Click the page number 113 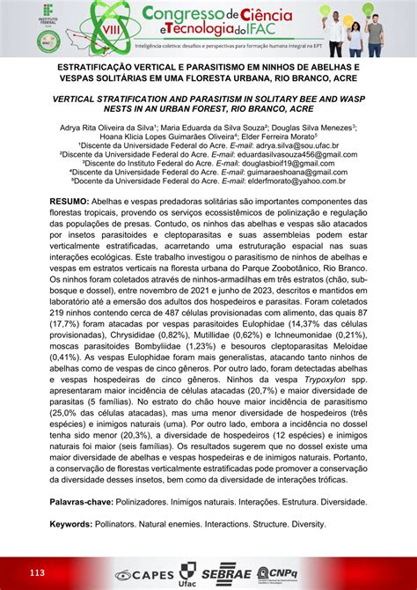click(36, 573)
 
